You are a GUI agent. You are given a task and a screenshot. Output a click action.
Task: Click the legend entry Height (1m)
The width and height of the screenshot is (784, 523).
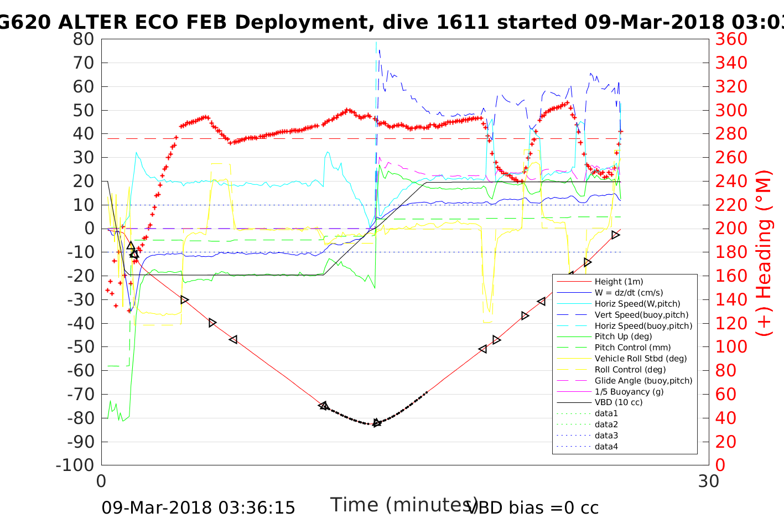619,282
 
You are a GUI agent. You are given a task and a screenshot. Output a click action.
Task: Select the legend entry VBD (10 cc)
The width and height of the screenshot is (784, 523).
619,402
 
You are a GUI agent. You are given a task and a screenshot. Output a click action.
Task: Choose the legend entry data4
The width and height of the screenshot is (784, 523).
606,447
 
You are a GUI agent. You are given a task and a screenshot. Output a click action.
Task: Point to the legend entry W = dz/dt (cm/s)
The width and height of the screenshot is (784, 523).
629,293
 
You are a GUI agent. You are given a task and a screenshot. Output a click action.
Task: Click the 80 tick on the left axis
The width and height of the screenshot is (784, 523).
84,39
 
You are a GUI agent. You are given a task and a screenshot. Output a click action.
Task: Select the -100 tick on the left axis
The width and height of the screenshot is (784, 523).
75,465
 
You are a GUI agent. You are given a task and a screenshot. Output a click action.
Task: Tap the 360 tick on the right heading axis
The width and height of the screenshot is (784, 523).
731,39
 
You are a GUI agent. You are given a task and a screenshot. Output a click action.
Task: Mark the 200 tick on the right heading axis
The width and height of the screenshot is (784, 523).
731,229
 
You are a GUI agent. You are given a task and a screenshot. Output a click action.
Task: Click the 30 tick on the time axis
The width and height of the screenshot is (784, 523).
709,481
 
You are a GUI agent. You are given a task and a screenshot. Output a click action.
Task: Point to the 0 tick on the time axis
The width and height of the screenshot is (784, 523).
101,481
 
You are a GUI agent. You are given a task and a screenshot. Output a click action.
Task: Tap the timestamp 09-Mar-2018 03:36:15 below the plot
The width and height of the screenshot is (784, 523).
198,508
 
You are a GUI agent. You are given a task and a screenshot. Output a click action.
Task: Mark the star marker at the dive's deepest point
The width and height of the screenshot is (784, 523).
377,423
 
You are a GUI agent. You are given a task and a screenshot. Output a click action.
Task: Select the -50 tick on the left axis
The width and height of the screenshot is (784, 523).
81,347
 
